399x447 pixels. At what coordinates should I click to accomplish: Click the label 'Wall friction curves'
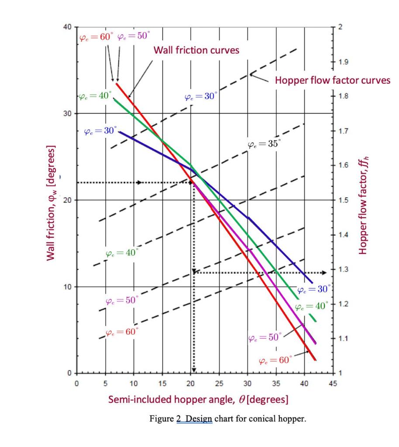(196, 50)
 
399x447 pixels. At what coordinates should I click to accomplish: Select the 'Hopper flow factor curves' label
(332, 80)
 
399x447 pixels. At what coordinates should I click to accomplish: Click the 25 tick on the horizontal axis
(219, 384)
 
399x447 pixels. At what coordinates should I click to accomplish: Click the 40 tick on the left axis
(67, 27)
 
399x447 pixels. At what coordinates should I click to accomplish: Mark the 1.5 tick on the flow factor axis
(343, 200)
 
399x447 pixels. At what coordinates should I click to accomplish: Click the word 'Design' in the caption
(199, 419)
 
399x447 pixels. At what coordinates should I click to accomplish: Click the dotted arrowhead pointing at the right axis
(323, 273)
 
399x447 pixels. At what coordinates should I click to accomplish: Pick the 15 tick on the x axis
(162, 384)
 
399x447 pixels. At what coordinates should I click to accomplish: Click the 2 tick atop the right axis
(341, 27)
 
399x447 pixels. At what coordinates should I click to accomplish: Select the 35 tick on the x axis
(276, 384)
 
